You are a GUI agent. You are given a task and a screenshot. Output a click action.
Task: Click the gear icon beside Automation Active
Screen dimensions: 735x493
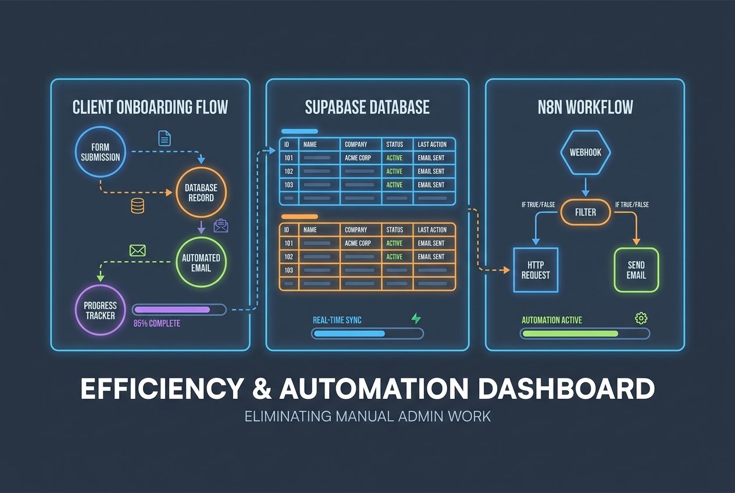point(641,318)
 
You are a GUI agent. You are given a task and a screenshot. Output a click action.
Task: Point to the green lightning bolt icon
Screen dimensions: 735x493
point(416,319)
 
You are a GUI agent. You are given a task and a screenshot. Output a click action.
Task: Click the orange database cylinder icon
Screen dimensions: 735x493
point(137,206)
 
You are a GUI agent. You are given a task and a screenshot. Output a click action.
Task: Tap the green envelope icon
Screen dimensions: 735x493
point(137,251)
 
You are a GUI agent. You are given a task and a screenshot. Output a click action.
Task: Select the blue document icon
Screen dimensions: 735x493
point(165,138)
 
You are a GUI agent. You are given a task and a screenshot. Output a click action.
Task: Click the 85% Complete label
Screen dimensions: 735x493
point(156,323)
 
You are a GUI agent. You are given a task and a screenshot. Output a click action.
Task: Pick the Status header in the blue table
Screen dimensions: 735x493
point(394,145)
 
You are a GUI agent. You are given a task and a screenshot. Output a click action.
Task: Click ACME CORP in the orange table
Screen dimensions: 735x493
point(358,244)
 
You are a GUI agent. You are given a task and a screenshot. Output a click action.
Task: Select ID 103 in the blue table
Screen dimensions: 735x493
point(289,185)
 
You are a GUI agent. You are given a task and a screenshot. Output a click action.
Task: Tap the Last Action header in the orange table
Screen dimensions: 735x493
point(432,230)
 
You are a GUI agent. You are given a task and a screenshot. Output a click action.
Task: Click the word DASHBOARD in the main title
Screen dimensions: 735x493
point(566,389)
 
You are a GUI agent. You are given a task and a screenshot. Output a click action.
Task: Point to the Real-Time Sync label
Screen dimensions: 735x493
point(337,320)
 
